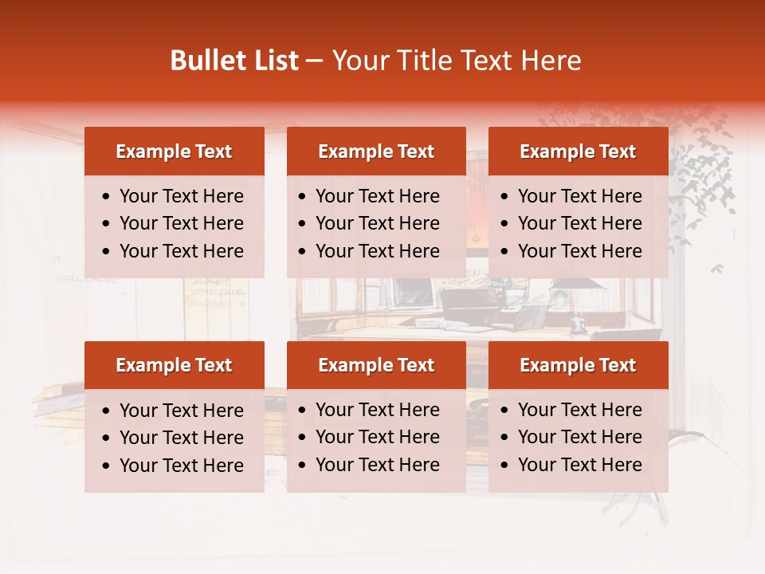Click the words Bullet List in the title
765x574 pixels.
pos(234,61)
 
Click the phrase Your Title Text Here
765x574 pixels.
pos(457,61)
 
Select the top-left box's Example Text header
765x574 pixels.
pos(174,151)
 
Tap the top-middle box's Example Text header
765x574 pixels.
pos(376,151)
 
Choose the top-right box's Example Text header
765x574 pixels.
pos(578,151)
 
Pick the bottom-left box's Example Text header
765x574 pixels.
pos(174,365)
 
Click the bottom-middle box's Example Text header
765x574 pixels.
pos(376,365)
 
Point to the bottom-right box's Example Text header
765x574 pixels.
pos(578,365)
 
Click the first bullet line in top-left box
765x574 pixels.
pos(181,196)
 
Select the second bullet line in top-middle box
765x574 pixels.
pos(377,223)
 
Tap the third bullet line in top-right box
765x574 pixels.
pos(579,251)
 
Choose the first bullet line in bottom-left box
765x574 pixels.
pos(181,411)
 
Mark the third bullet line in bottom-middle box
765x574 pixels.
pos(377,465)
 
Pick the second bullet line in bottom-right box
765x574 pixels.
pos(579,437)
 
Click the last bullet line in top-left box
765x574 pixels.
pos(181,251)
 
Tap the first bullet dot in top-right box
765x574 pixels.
pos(504,197)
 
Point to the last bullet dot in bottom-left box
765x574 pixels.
pos(106,466)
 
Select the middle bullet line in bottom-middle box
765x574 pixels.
pos(377,437)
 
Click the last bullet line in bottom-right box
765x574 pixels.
pos(579,465)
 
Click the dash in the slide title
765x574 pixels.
pos(315,61)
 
